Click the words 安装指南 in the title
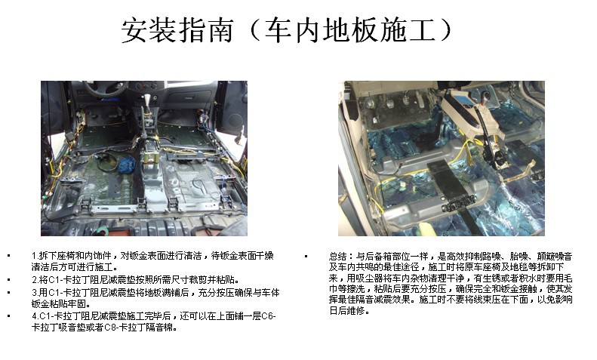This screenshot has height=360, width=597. [177, 29]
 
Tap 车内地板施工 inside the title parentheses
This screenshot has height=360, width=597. [350, 29]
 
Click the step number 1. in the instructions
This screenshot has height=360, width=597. [35, 256]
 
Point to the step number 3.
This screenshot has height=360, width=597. [35, 293]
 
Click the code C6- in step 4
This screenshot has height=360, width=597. [269, 316]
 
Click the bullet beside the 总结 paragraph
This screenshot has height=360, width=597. [306, 256]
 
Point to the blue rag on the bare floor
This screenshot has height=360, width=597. [126, 165]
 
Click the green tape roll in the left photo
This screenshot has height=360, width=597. [103, 230]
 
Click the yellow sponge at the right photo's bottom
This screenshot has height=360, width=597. [423, 229]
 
